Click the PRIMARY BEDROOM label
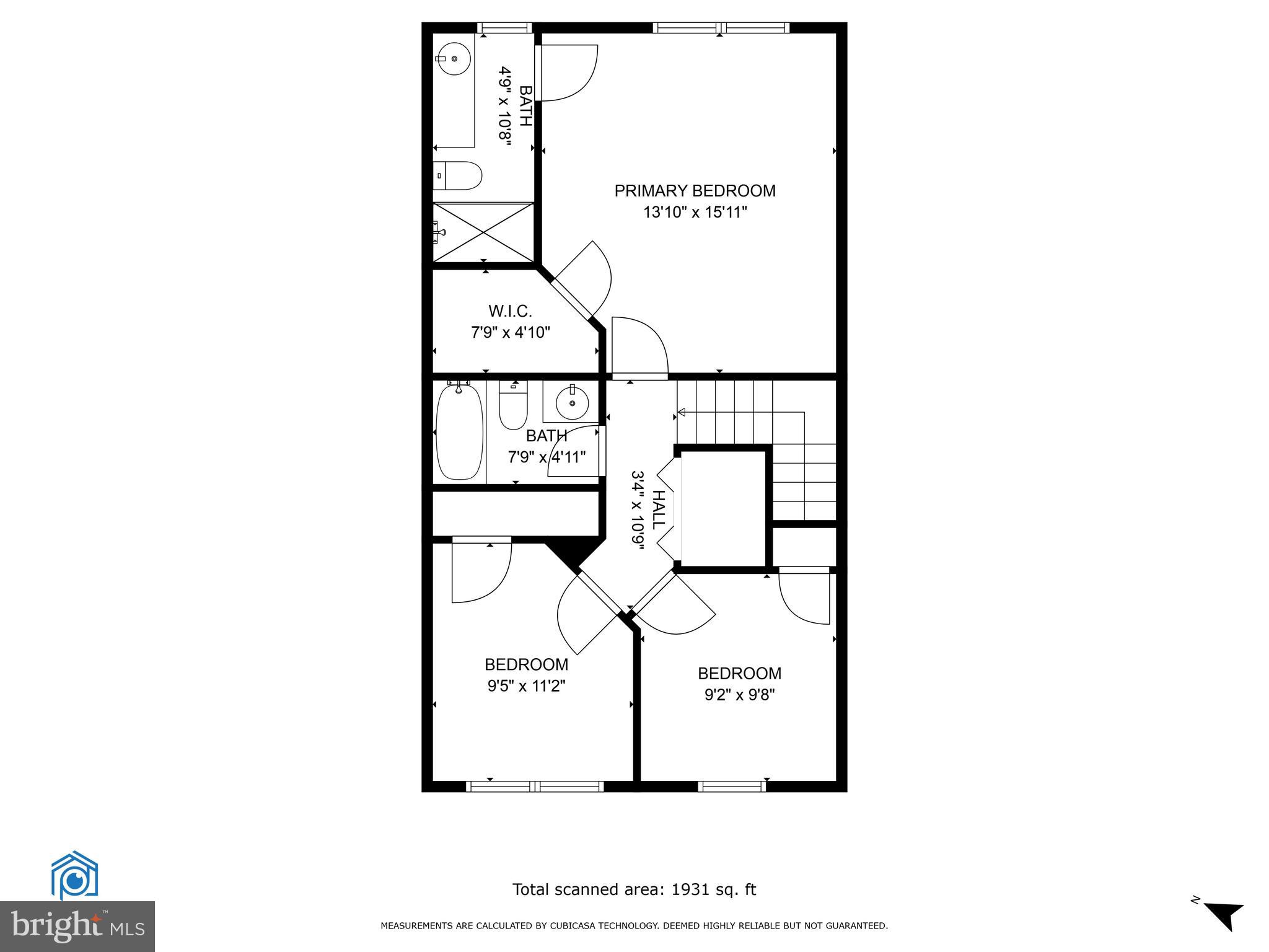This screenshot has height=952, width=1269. pos(695,191)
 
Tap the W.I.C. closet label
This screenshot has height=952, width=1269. pos(510,311)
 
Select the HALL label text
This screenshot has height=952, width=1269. pos(658,509)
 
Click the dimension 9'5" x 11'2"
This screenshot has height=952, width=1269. pos(527,686)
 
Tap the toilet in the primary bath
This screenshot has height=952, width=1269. pos(459,175)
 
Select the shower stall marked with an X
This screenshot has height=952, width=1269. pos(483,232)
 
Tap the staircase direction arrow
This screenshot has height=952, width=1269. pos(682,412)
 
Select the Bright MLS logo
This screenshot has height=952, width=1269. pos(77,926)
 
